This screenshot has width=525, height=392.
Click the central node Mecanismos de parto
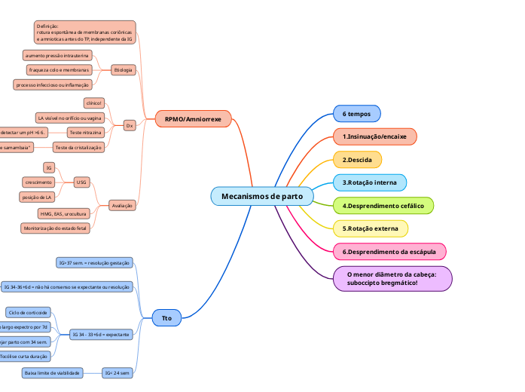coord(262,196)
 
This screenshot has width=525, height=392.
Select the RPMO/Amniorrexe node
coord(193,119)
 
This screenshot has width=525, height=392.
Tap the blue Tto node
coord(166,318)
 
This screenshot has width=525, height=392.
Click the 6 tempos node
coord(356,114)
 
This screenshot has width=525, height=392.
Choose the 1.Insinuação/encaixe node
coord(374,136)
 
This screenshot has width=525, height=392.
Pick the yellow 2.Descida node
coord(357,160)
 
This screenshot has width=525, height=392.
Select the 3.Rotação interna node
coord(369,182)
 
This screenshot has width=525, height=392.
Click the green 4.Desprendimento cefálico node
coord(383,206)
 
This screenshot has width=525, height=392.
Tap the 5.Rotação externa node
coord(371,228)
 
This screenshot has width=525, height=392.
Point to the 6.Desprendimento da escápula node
coord(389,252)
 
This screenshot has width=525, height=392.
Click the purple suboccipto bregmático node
coord(392,278)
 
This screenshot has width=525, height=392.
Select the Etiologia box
coord(123,70)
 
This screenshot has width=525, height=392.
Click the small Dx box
coord(130,126)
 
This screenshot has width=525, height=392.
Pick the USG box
coord(82,182)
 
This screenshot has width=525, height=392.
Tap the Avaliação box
coord(122,206)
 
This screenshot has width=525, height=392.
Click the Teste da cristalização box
coord(78,147)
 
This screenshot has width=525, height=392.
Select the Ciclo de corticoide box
coord(28,312)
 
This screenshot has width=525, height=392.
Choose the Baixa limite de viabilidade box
coord(52,372)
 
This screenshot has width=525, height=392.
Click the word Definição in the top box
coord(47,26)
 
